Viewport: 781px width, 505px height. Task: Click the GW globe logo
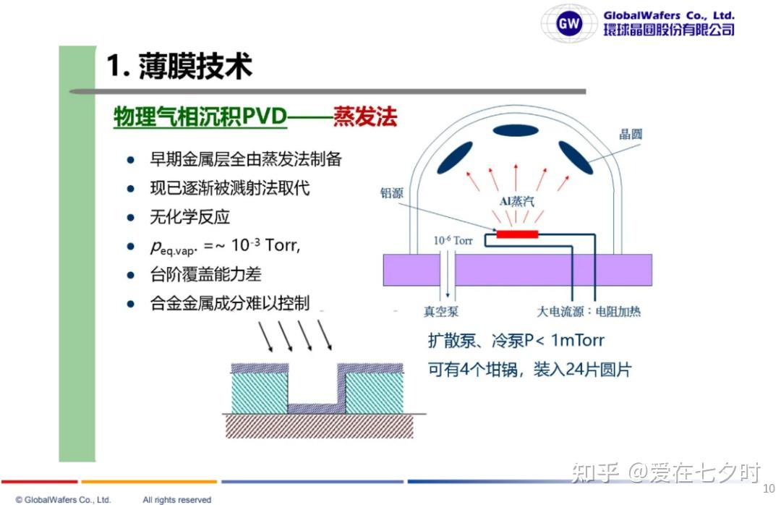coord(569,23)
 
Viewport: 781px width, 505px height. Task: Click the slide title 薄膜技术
coord(195,66)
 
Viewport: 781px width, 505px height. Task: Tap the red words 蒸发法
coord(365,116)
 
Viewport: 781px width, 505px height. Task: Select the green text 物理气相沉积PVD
coord(200,117)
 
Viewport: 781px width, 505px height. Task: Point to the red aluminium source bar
coord(517,234)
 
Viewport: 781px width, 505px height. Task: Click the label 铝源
coord(391,193)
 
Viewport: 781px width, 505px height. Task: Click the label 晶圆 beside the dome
coord(630,134)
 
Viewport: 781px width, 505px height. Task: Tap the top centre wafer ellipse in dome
coord(516,131)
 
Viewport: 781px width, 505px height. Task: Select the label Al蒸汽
coord(516,201)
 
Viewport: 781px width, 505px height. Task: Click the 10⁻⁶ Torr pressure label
coord(453,240)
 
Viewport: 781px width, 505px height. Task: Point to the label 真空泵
coord(441,312)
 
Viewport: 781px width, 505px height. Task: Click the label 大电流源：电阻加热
coord(589,312)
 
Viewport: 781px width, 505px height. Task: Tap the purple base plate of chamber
coord(517,270)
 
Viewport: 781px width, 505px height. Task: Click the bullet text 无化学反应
coord(189,217)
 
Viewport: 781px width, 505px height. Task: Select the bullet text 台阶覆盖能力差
coord(205,274)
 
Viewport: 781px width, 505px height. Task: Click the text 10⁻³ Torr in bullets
coord(265,245)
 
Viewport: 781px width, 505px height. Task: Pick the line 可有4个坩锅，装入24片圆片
coord(529,370)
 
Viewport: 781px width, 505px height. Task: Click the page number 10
coord(769,488)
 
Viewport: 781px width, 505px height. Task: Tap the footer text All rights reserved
coord(177,499)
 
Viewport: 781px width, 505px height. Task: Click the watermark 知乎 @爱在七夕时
coord(666,472)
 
